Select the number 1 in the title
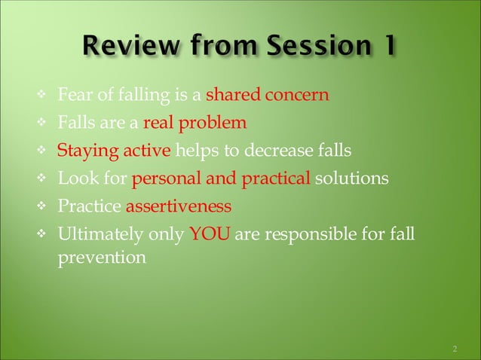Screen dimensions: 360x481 [388, 48]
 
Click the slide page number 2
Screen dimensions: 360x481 [455, 349]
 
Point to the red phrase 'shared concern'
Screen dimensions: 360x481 [268, 96]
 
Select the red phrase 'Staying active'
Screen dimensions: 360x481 [114, 150]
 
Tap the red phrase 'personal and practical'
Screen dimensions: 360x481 [221, 178]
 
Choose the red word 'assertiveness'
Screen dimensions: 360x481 [179, 206]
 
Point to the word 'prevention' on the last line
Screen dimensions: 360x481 [102, 258]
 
